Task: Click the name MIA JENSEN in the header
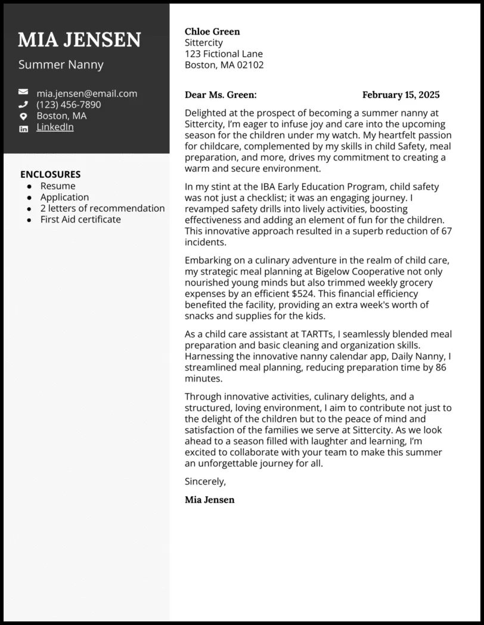coord(79,40)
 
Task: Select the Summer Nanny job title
coord(61,64)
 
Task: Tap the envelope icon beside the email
coord(23,92)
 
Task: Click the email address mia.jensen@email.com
coord(86,93)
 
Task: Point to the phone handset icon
coord(23,104)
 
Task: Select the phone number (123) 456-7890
coord(69,104)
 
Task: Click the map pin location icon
coord(23,116)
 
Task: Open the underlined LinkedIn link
coord(55,127)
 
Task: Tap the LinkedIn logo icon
coord(23,128)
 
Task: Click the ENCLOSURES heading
coord(50,174)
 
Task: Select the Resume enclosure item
coord(58,186)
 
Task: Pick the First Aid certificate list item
coord(80,219)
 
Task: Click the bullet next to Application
coord(29,198)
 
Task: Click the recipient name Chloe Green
coord(212,32)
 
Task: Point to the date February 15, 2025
coord(401,95)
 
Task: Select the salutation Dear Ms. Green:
coord(221,95)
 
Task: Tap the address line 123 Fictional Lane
coord(224,54)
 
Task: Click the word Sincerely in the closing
coord(205,481)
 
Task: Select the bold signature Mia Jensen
coord(209,500)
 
